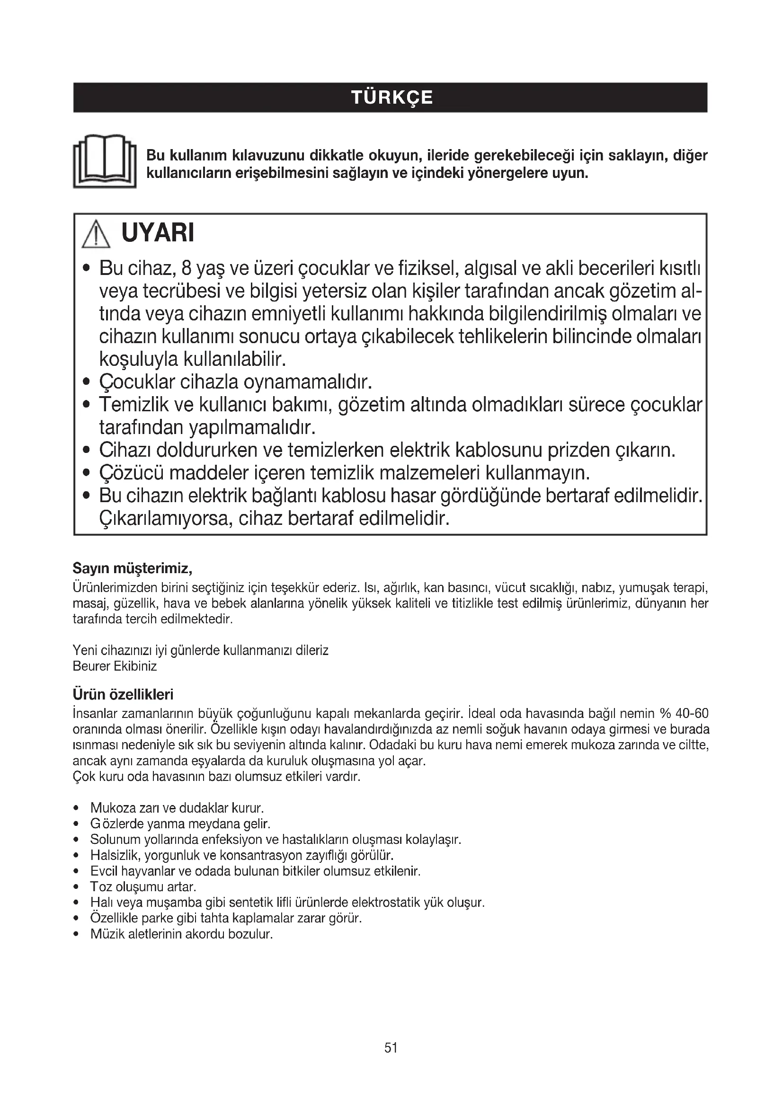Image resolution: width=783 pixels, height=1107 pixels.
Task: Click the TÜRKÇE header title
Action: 391,98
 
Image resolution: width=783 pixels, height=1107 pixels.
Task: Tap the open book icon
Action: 105,161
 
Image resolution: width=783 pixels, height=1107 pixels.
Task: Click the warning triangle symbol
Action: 96,234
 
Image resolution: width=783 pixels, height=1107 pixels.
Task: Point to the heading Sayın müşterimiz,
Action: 133,568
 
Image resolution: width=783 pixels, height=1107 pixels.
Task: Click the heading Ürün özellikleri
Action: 123,694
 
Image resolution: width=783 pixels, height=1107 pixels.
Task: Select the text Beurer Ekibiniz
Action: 115,666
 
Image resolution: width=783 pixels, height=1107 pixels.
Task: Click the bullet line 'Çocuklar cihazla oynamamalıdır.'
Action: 236,382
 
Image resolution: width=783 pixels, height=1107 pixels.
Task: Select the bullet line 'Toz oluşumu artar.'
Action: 143,886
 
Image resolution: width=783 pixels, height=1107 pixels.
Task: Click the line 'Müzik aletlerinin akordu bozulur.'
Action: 182,934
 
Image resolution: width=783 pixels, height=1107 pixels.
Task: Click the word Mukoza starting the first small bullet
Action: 113,807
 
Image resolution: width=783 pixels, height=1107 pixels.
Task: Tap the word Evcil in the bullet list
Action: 104,871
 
